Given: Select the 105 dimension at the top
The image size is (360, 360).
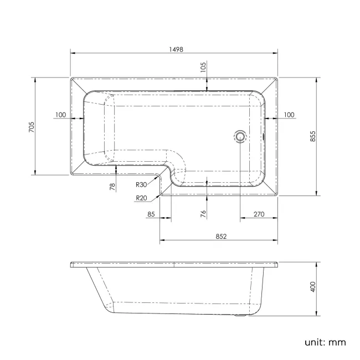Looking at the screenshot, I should [203, 68].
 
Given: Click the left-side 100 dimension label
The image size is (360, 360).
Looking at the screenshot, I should [60, 115].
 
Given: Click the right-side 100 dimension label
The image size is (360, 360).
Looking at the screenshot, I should [289, 115].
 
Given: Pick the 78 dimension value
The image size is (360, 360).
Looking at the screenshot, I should [112, 187].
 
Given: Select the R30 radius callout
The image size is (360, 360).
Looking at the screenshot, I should [141, 185].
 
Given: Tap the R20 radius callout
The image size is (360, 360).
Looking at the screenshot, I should [141, 198].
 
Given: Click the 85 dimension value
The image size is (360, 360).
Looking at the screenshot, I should [151, 215].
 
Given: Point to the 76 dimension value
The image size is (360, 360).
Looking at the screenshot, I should [203, 214].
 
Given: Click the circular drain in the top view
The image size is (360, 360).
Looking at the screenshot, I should [240, 136].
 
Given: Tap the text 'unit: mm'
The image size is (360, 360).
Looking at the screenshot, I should [325, 342].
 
